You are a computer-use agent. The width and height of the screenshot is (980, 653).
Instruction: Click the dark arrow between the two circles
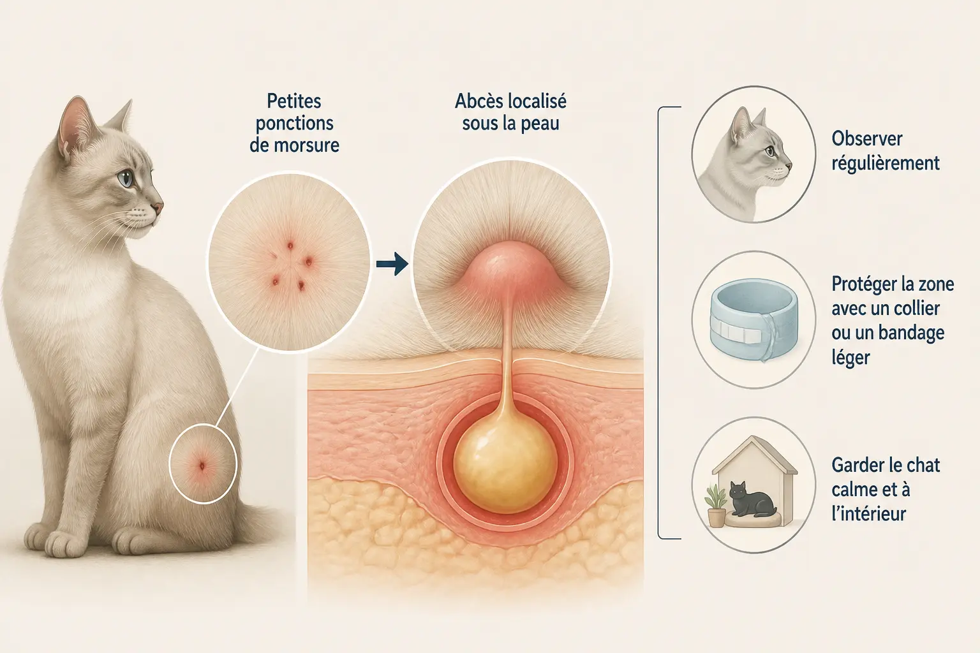click(392, 264)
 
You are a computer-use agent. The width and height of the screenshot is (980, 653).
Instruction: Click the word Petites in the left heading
click(294, 101)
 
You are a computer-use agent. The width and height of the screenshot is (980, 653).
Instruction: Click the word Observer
click(866, 138)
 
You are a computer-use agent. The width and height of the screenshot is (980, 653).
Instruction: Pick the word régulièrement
click(886, 164)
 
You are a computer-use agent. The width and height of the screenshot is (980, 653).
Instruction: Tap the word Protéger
click(861, 285)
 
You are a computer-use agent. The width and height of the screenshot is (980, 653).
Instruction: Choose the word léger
click(850, 358)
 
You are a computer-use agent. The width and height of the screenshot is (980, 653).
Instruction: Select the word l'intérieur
click(868, 514)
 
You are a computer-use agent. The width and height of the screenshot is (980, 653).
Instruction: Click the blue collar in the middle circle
click(754, 321)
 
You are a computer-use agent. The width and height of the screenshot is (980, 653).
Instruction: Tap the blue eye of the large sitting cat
click(126, 179)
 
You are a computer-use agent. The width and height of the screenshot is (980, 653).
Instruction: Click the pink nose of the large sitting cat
click(158, 207)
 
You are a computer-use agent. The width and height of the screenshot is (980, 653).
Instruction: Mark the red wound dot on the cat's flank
click(202, 466)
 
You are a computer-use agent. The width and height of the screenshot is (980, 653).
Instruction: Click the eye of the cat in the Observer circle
click(769, 151)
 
